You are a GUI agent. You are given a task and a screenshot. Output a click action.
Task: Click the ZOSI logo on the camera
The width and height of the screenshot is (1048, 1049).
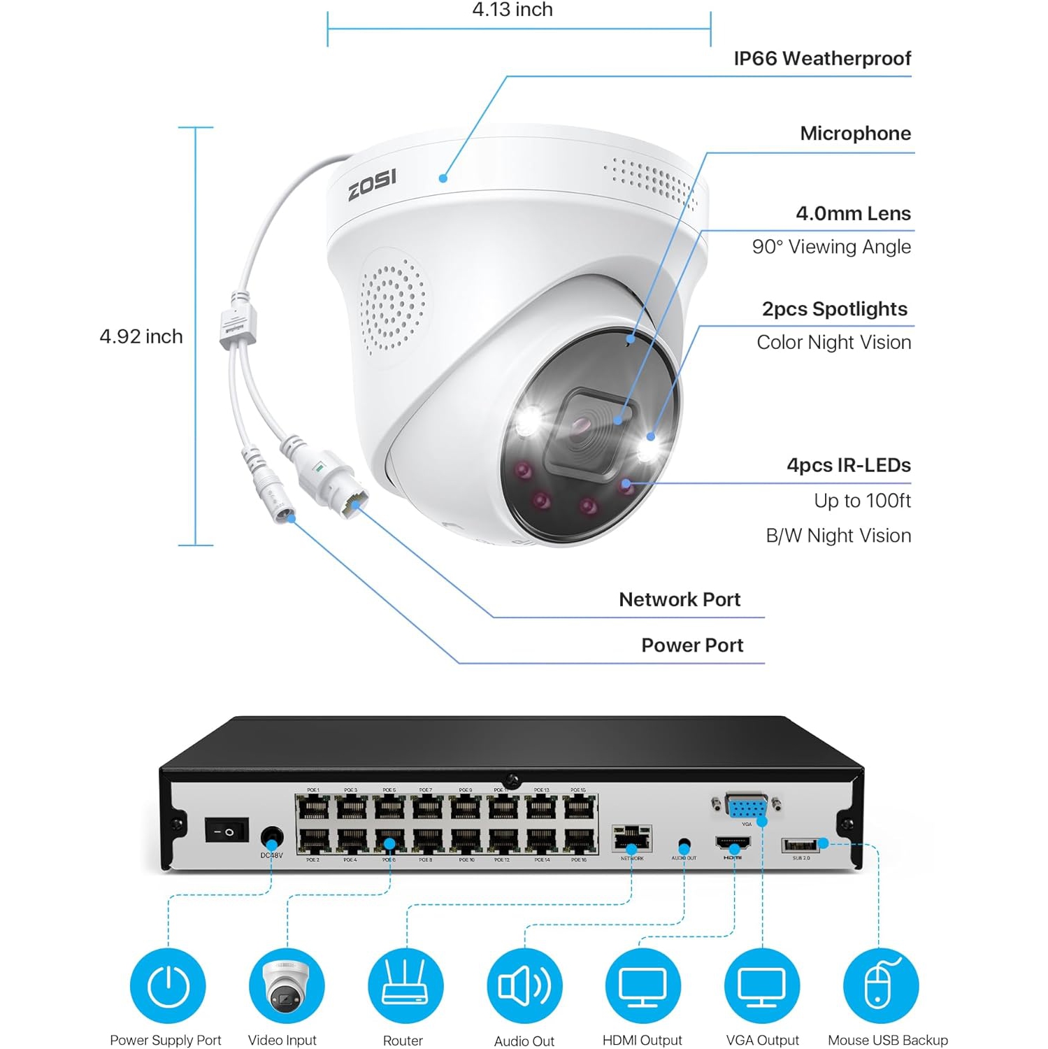point(372,184)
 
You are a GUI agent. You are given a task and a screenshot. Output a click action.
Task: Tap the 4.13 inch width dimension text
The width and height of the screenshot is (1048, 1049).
point(512,10)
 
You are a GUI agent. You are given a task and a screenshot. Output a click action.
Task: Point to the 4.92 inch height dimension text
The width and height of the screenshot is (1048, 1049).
point(141,336)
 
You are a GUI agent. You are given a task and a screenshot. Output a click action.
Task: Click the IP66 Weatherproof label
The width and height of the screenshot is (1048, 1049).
point(822,59)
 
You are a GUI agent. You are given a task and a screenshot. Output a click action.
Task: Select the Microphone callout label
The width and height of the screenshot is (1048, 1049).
point(855,134)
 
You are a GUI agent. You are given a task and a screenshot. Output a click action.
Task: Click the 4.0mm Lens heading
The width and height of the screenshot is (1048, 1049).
point(853,214)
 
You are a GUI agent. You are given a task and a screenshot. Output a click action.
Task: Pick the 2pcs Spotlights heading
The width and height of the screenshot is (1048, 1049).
point(834,309)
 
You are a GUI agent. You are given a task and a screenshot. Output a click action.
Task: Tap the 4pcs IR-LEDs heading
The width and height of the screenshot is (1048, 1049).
point(848,466)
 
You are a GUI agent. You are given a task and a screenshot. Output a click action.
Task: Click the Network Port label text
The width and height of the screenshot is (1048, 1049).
point(679,600)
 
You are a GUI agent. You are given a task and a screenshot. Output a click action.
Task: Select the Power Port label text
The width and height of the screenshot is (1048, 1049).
point(692,645)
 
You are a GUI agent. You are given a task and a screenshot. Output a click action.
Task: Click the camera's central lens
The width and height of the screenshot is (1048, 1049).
point(583,425)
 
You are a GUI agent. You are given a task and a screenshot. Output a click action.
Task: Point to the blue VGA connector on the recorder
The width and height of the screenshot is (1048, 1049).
point(746,807)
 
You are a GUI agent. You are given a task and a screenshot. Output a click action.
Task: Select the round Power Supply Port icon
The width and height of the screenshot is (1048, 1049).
point(168,986)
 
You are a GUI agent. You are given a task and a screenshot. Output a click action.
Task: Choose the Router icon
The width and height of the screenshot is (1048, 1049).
point(405,986)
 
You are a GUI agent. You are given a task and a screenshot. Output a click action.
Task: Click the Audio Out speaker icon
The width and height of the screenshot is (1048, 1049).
point(524,986)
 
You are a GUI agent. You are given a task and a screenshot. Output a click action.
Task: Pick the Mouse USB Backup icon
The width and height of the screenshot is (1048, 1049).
point(881,986)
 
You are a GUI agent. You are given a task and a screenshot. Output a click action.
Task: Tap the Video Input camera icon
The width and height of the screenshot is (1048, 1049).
point(287,986)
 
